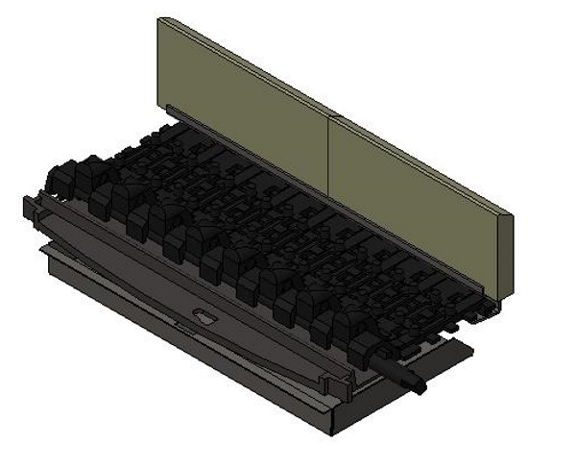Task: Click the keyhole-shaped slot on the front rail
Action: [x=204, y=316]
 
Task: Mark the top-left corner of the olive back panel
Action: [x=159, y=19]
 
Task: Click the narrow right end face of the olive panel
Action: [x=507, y=255]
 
